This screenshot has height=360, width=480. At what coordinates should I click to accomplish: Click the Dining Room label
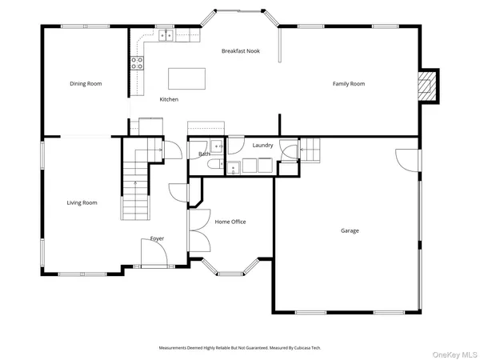(86, 83)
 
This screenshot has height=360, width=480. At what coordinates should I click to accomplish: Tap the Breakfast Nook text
(241, 51)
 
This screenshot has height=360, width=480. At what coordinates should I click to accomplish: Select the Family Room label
(349, 83)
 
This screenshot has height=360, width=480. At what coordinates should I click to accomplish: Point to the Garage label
(350, 230)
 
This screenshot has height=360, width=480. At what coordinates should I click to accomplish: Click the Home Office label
(230, 222)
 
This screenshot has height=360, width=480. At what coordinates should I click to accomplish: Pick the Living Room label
(82, 202)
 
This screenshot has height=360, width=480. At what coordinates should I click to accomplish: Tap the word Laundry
(262, 145)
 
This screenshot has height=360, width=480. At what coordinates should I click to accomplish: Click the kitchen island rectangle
(186, 78)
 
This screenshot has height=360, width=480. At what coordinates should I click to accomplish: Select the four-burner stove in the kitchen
(137, 63)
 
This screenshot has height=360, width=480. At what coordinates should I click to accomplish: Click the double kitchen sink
(166, 35)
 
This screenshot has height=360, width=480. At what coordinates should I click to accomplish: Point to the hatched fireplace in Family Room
(427, 86)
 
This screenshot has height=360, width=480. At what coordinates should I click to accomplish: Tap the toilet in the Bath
(216, 164)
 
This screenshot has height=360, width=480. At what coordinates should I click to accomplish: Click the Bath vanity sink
(217, 146)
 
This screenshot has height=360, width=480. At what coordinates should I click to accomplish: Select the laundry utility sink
(234, 168)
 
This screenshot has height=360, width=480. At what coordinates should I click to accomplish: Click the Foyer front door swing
(154, 253)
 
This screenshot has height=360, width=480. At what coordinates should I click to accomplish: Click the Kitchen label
(169, 99)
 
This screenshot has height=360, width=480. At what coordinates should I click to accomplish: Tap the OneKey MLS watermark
(454, 354)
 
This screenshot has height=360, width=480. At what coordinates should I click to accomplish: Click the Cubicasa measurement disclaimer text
(240, 348)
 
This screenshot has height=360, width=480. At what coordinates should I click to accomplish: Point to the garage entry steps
(310, 150)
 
